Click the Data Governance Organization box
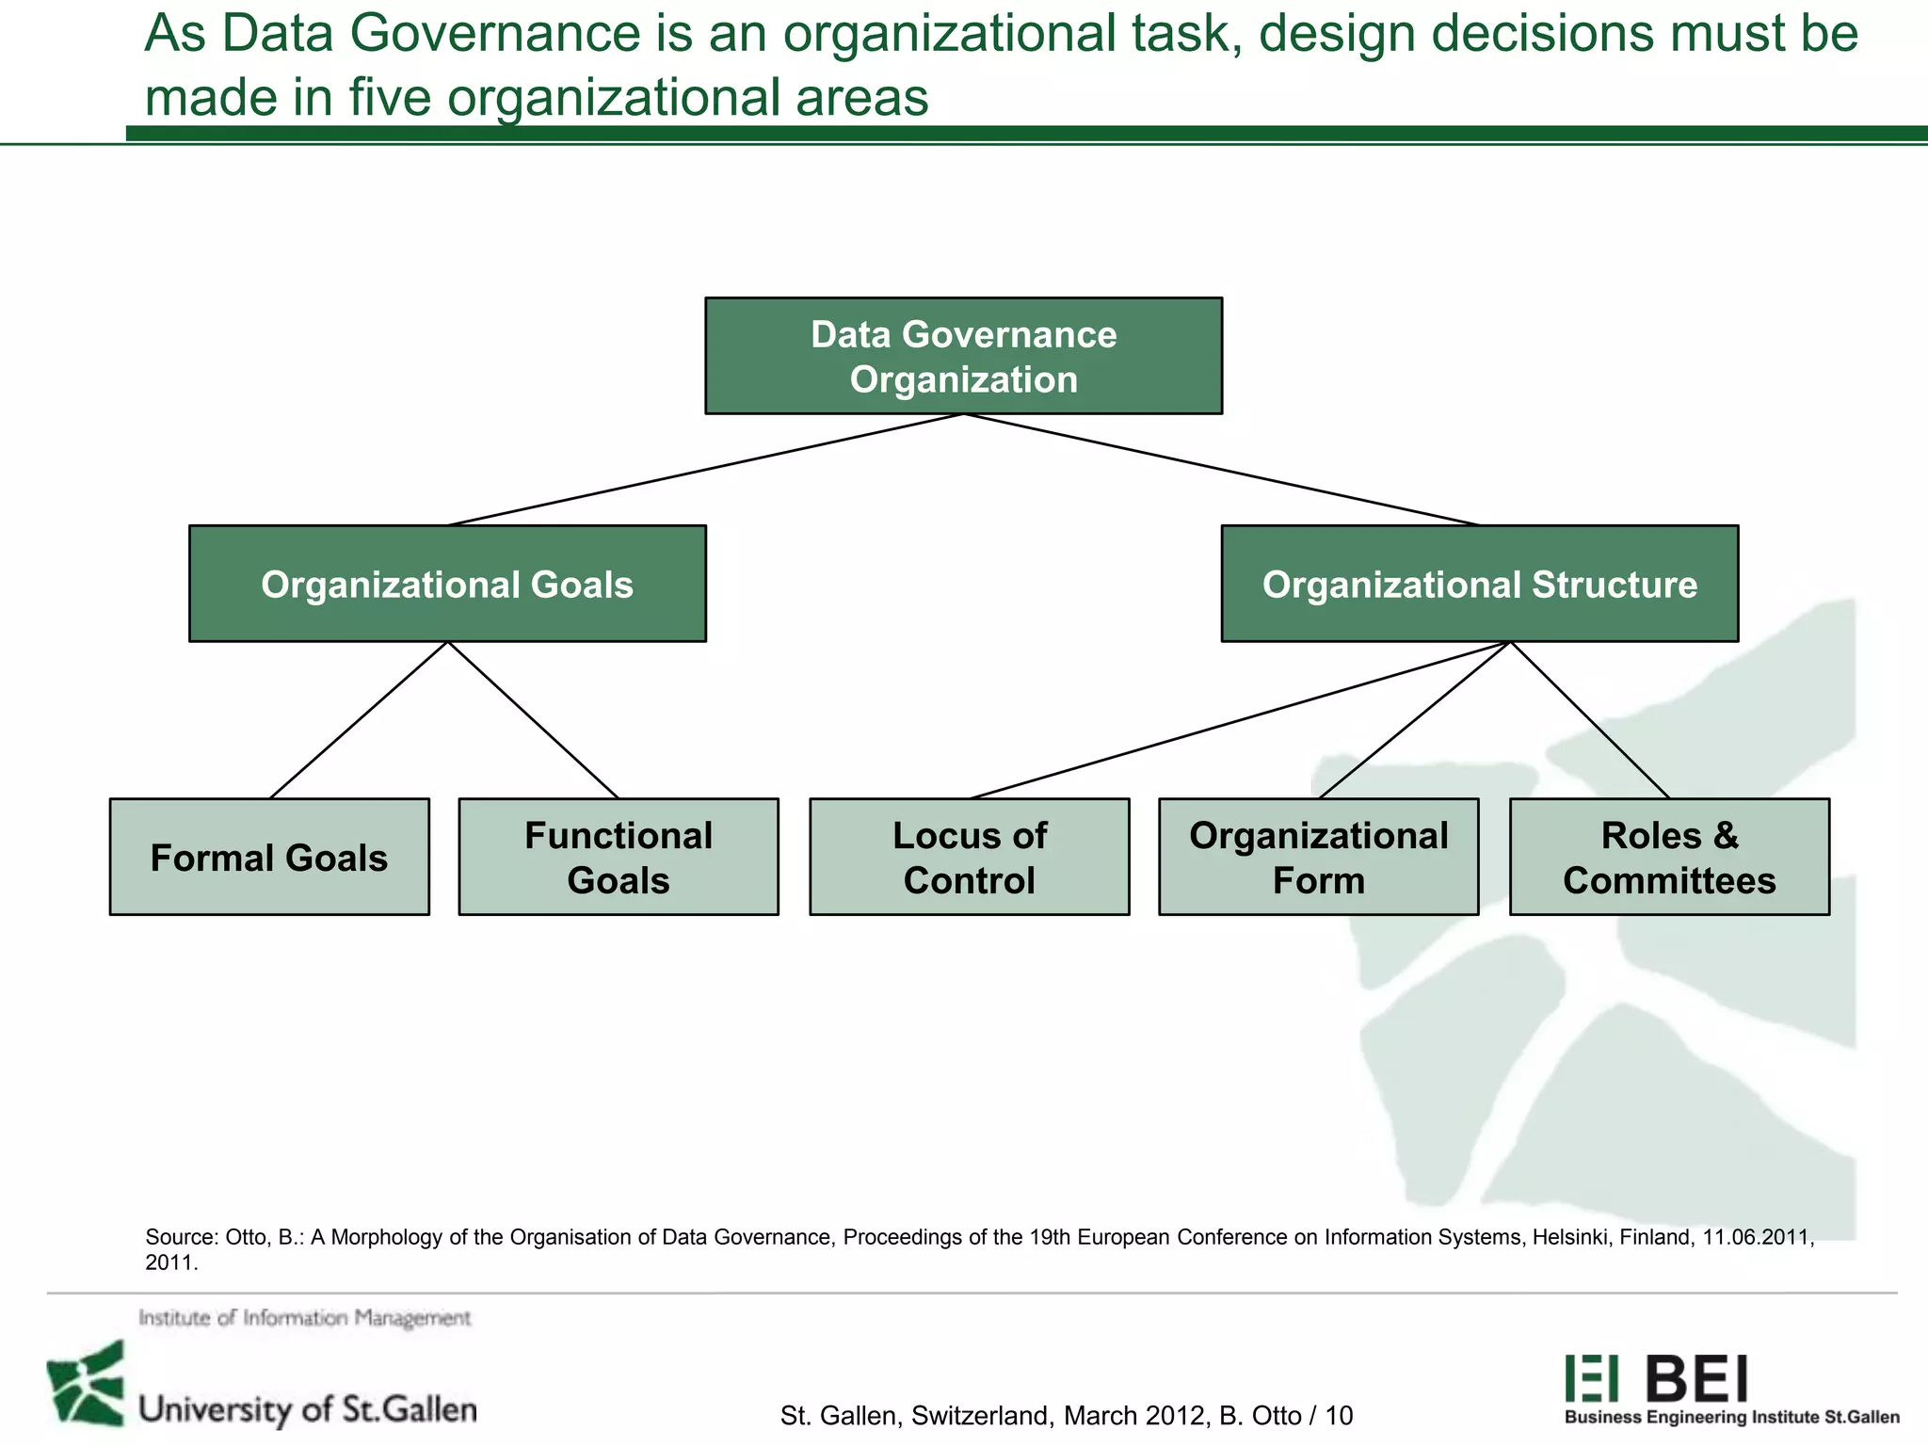(x=963, y=356)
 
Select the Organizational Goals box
(x=447, y=584)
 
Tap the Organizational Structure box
(x=1479, y=584)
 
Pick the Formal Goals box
(x=269, y=857)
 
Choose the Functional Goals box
(x=619, y=857)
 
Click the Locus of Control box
(x=969, y=857)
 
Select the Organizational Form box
(x=1318, y=857)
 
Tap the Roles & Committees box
(x=1669, y=857)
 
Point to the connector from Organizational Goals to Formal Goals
(x=359, y=720)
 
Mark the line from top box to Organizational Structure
(x=1222, y=469)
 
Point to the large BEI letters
(x=1696, y=1379)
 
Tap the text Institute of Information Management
(x=304, y=1318)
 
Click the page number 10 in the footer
(x=1339, y=1415)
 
